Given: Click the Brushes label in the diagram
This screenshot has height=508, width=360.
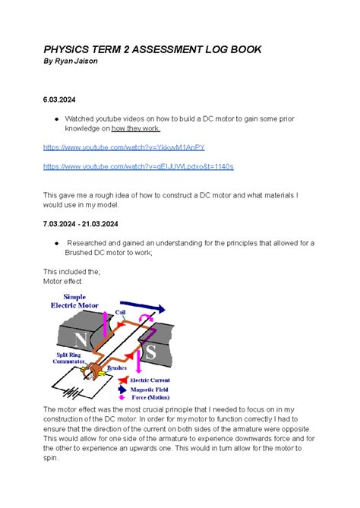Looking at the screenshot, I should coord(117,369).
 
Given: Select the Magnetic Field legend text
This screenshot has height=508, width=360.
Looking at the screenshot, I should coord(159,387).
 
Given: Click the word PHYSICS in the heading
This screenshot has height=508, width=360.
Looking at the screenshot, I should coord(72,49).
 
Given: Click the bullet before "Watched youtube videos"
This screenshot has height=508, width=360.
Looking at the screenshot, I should coord(57,119).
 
